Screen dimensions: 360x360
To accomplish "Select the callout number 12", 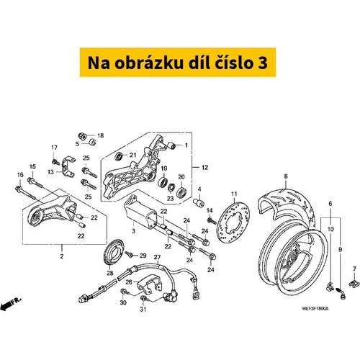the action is (204, 168).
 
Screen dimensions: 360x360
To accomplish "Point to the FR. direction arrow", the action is (10, 303).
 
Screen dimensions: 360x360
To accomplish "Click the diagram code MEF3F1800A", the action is (315, 309).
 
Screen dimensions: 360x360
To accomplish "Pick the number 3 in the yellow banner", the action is (263, 63).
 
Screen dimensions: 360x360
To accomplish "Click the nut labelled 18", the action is (83, 136).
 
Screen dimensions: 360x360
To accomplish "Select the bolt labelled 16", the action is (26, 192).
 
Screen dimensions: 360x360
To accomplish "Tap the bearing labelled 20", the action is (181, 192).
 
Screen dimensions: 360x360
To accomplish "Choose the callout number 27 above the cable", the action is (157, 257).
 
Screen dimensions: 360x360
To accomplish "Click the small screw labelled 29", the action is (130, 254).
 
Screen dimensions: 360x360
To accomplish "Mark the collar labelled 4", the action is (199, 202).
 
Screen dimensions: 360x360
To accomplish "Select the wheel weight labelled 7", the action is (354, 284).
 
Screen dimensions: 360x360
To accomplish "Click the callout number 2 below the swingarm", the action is (62, 256).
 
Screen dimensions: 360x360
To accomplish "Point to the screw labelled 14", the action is (212, 221).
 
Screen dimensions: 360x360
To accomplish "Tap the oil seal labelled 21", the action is (119, 156).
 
